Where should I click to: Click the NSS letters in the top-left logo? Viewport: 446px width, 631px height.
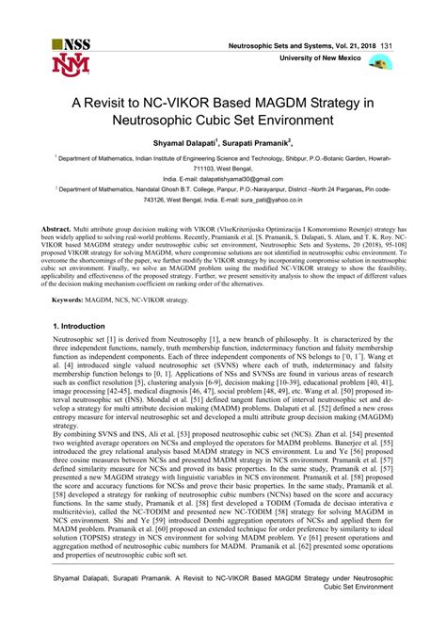(72, 45)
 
